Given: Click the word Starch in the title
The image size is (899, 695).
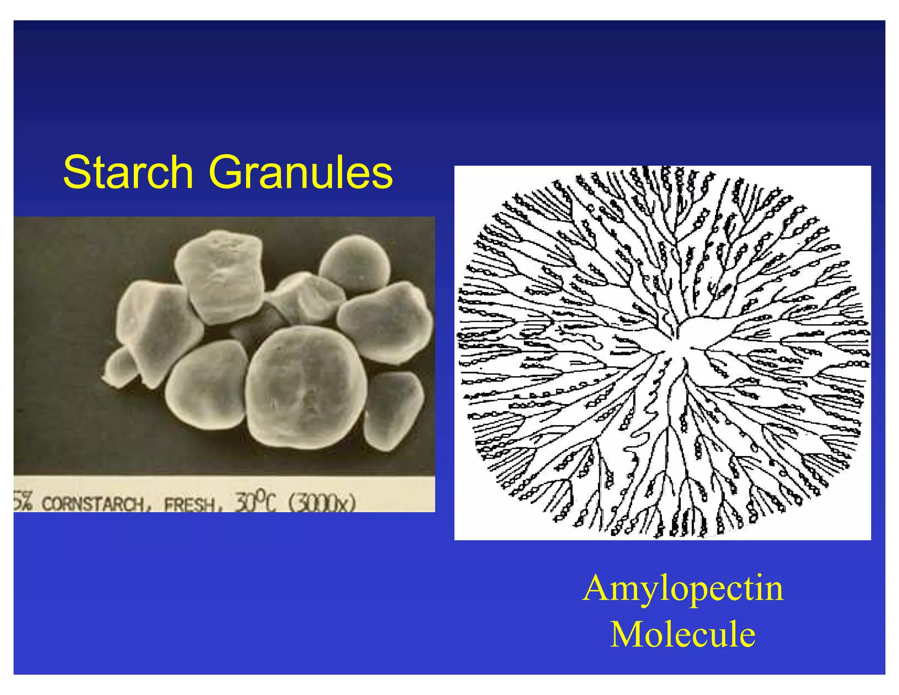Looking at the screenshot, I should (128, 172).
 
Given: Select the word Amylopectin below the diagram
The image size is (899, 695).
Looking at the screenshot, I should (683, 589).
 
